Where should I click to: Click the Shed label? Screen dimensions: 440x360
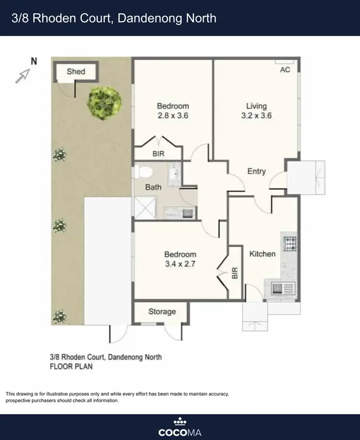point(76,72)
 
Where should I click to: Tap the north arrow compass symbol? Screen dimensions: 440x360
point(23,75)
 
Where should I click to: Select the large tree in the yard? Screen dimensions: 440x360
point(104,102)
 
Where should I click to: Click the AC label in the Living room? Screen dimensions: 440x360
point(285,70)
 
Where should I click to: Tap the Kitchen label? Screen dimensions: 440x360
point(262,254)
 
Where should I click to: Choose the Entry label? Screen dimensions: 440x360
point(256,171)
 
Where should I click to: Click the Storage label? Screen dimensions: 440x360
point(162,312)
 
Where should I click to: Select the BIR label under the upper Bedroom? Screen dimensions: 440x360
point(158,154)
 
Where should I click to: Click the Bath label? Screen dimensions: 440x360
point(153,187)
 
